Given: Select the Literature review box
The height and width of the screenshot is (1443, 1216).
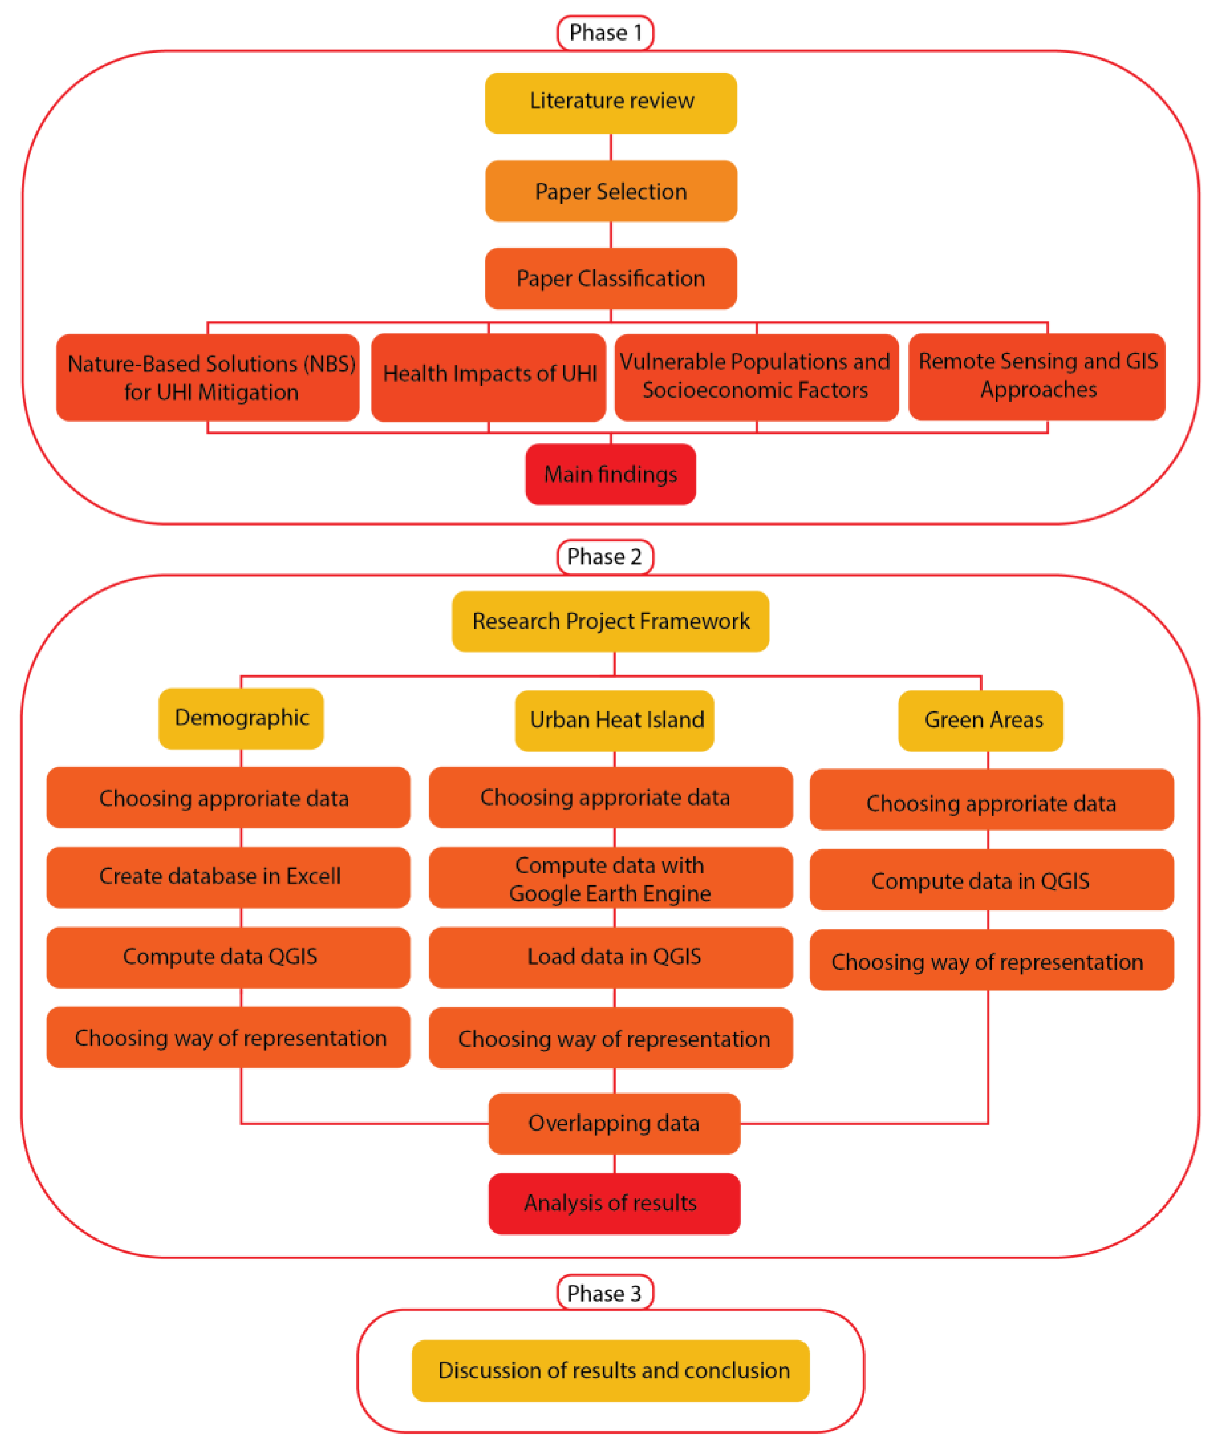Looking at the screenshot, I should point(611,103).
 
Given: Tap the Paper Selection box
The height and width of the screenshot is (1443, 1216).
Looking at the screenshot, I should point(611,191).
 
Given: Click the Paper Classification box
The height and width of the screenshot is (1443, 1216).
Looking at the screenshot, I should point(611,279).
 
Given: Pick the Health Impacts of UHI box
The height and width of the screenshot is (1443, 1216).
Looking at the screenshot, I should point(488,377).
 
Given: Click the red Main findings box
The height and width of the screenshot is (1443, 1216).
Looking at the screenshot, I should point(610,474).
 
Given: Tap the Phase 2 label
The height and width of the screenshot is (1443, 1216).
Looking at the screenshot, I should point(604,556).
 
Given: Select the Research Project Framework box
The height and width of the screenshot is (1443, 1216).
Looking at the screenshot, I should point(610,621).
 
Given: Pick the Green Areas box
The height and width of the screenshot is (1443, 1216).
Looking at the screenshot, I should point(980,721).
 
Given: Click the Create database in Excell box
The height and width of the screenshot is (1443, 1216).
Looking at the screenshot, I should point(228,877).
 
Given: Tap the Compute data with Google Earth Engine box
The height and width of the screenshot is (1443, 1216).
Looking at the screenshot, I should point(610,878).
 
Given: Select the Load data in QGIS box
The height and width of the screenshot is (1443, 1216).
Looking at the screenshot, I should point(610,957).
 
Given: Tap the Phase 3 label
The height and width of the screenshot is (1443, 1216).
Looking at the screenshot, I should point(604,1293).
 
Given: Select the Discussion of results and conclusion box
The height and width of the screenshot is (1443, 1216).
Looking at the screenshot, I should point(610,1370).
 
